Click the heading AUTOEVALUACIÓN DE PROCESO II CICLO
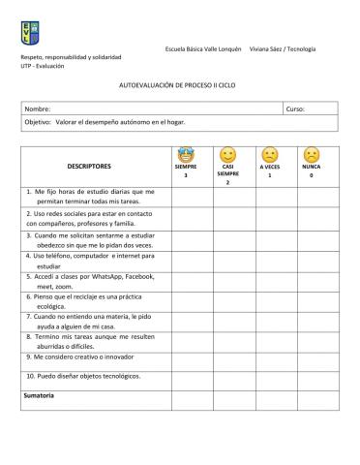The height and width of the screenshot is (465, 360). coord(179,86)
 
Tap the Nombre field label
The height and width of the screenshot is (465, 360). coord(39,109)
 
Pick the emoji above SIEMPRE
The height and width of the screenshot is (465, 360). coord(186,154)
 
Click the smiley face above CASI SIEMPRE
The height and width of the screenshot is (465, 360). coord(228,155)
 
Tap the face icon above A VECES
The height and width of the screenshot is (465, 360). coord(270,155)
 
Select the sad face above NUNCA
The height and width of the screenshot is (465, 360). coord(311,155)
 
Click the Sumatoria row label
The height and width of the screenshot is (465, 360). coord(40,396)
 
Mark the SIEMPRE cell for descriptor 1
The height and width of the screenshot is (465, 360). coord(186,197)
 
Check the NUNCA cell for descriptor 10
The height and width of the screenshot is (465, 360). coord(311,376)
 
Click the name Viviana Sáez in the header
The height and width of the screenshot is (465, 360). coord(270,48)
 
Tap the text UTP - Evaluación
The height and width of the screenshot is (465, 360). coord(42,66)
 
